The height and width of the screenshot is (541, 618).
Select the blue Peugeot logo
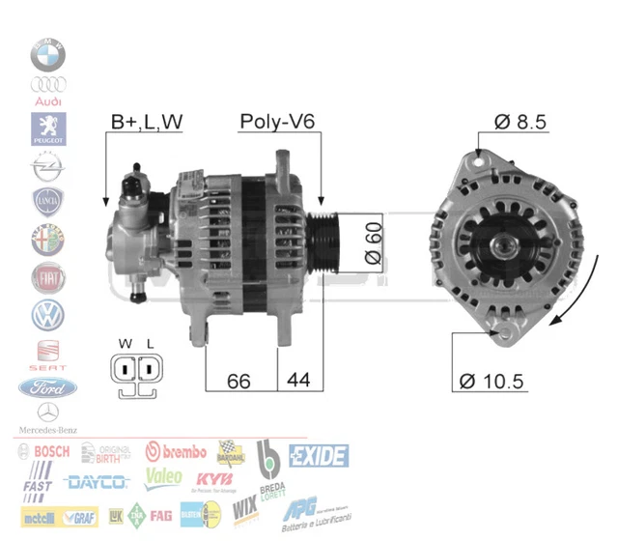click(x=47, y=128)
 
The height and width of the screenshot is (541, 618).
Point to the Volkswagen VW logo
click(x=47, y=314)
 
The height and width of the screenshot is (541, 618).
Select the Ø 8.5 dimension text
click(x=520, y=122)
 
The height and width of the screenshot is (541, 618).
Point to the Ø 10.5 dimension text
click(x=492, y=381)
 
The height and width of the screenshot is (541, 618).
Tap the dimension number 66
click(x=239, y=381)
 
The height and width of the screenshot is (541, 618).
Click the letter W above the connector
click(x=124, y=344)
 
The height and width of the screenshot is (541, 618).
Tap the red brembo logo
click(x=176, y=451)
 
